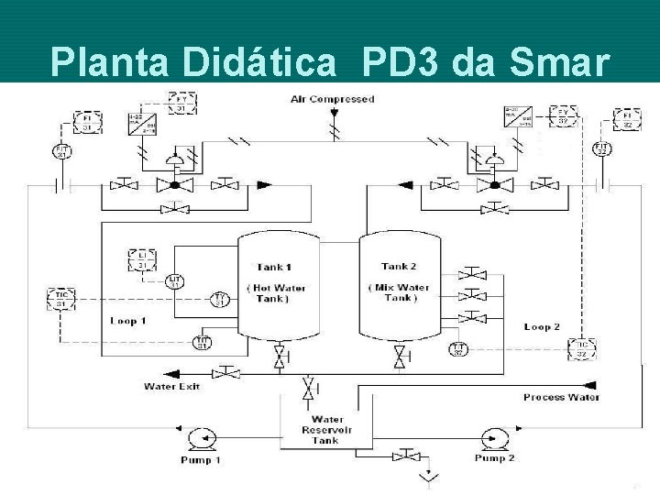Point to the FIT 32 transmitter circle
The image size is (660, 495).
click(602, 148)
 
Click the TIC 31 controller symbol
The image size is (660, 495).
click(61, 299)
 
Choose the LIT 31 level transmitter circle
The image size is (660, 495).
click(175, 280)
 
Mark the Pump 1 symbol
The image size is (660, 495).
click(199, 437)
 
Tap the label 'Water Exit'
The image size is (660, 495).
click(171, 386)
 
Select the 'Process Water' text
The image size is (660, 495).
click(561, 397)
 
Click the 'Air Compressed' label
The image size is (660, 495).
click(332, 98)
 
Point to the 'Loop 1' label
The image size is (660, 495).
click(128, 322)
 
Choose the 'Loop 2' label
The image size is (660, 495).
click(542, 326)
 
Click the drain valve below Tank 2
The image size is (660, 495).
click(400, 355)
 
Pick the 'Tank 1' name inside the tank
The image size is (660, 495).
click(273, 268)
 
